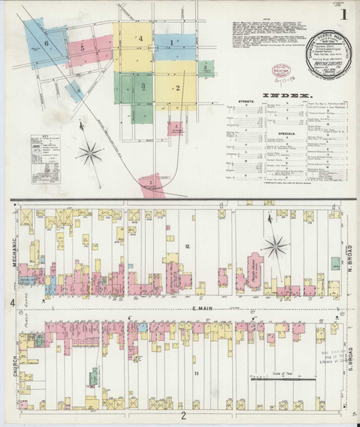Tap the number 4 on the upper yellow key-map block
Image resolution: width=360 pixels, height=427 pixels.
141,38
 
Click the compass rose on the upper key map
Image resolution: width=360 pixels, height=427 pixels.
90,149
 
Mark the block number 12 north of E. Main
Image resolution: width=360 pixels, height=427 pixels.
187,246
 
